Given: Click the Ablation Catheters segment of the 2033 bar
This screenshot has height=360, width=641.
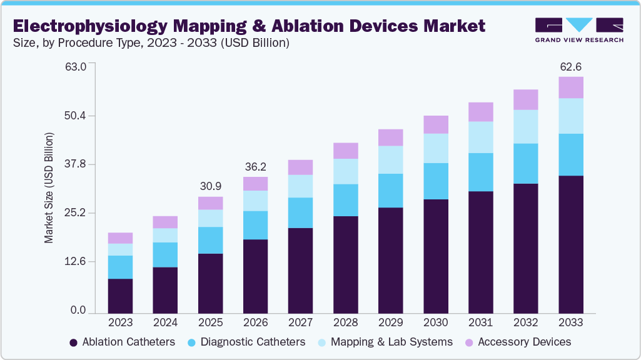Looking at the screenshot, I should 570,244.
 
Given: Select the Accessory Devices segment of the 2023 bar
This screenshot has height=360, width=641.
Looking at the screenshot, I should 120,237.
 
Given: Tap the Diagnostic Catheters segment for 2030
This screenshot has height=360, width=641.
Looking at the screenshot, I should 435,181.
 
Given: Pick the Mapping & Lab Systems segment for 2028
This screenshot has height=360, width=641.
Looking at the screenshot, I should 345,171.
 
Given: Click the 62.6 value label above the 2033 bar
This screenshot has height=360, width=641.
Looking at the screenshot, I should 570,66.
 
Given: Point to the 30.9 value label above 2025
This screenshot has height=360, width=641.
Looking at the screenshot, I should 210,186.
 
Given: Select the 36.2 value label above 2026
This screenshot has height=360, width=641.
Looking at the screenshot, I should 255,167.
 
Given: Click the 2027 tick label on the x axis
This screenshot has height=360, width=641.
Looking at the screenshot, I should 300,323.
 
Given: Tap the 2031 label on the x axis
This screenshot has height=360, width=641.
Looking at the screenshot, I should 480,323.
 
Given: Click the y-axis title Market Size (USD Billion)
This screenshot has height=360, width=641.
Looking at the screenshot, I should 49,187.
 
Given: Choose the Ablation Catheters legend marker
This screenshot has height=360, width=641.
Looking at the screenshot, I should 74,342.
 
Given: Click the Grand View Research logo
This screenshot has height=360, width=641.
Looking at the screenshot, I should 579,29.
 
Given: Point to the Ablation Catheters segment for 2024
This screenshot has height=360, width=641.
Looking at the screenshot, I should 165,290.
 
